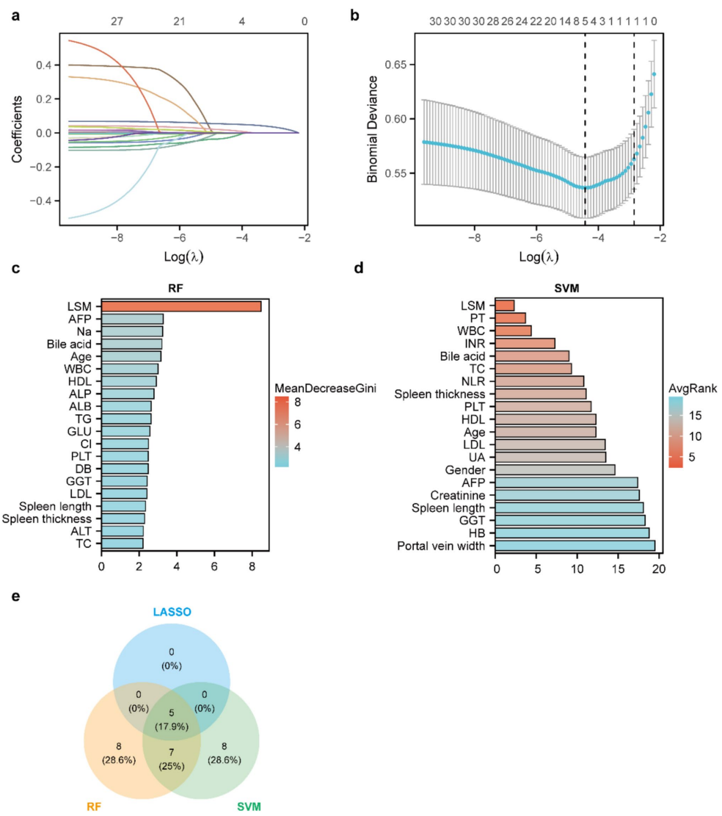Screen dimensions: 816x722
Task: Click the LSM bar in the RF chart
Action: click(x=180, y=306)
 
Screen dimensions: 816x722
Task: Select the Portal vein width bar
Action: click(x=575, y=546)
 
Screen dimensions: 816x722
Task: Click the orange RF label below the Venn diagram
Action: click(x=93, y=806)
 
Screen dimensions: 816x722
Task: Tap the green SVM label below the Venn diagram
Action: click(x=248, y=806)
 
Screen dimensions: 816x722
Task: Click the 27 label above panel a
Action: click(x=117, y=23)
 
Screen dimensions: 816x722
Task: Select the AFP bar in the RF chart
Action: click(x=132, y=319)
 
